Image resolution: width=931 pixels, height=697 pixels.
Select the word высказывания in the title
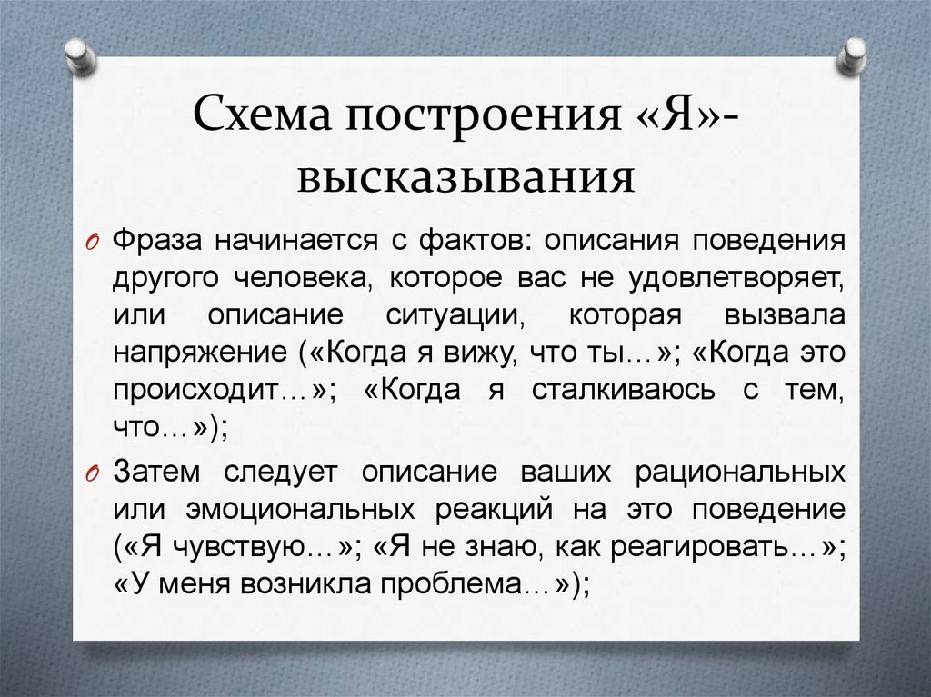click(x=465, y=175)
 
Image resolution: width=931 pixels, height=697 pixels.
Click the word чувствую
click(x=238, y=547)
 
